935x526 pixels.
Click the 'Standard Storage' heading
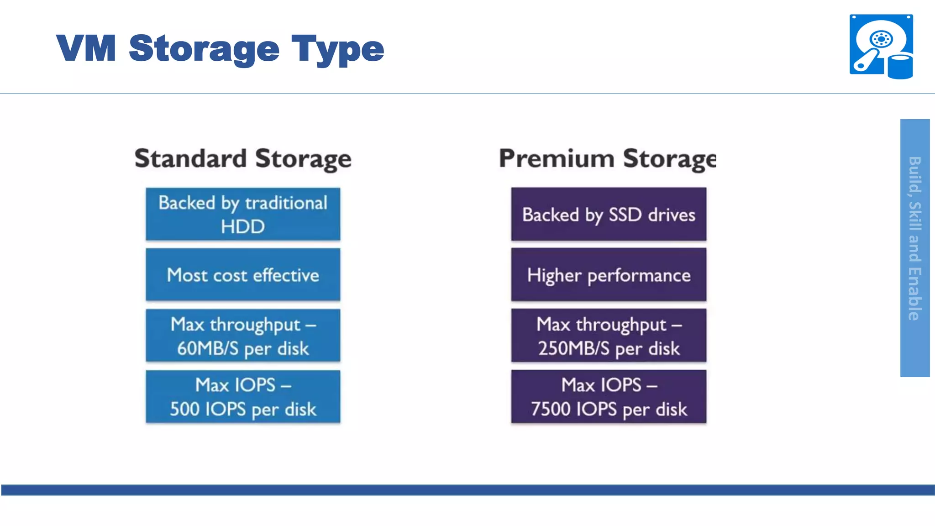pos(243,159)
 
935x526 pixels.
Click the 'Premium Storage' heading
pos(607,159)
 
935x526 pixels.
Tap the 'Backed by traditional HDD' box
pos(243,214)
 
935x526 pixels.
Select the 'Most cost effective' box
pos(243,275)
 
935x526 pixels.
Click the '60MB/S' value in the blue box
pos(208,348)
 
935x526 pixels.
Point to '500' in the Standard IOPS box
pos(184,409)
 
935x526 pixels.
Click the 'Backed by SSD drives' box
pos(609,214)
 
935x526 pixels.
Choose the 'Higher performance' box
pos(609,275)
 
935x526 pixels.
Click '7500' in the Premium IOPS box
pos(550,409)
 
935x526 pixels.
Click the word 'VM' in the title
pos(86,48)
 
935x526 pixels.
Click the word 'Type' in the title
pos(338,49)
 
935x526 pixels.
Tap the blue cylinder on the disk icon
pos(900,67)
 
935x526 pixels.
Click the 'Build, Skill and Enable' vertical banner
pos(915,247)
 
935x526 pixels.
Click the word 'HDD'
pos(243,226)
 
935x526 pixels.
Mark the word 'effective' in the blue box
pos(286,275)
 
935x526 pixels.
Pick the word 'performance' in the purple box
pos(639,276)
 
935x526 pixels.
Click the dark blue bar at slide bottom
pos(467,490)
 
